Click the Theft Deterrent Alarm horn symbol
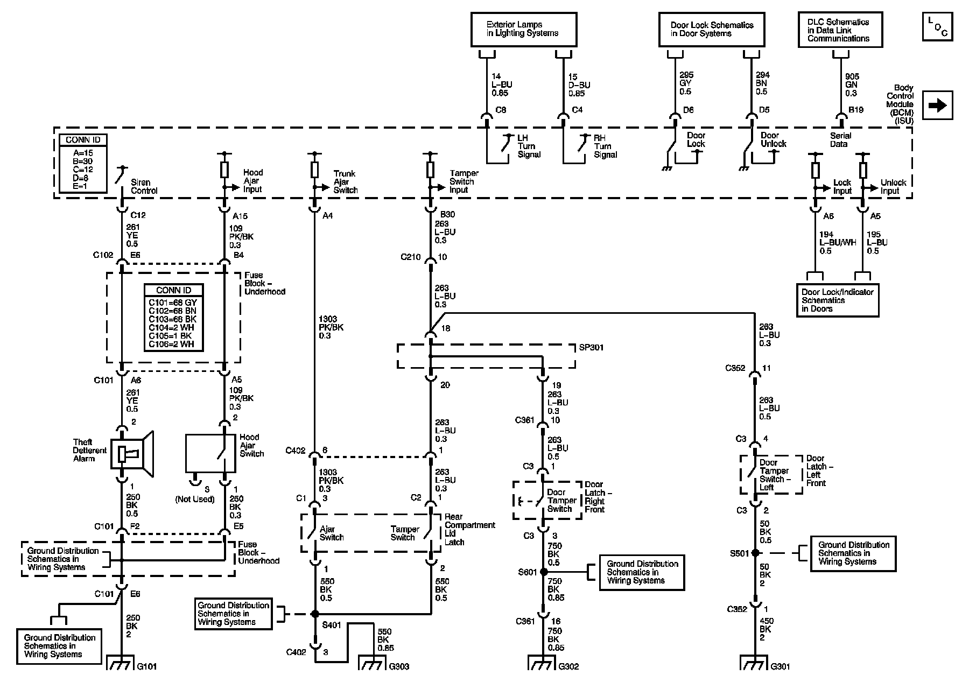pyautogui.click(x=132, y=454)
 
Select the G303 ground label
pyautogui.click(x=399, y=666)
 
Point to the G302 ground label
pyautogui.click(x=568, y=666)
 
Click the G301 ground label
pyautogui.click(x=780, y=666)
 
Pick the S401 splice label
pyautogui.click(x=332, y=625)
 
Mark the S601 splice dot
pyautogui.click(x=543, y=572)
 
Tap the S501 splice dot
pyautogui.click(x=755, y=553)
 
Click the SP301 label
pyautogui.click(x=592, y=348)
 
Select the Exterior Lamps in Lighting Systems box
pyautogui.click(x=524, y=30)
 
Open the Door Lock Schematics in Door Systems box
pyautogui.click(x=712, y=30)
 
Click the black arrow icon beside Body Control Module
pyautogui.click(x=938, y=105)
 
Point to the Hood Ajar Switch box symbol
pyautogui.click(x=210, y=453)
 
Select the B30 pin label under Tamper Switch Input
pyautogui.click(x=447, y=215)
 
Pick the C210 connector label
pyautogui.click(x=411, y=257)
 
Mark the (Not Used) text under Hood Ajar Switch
pyautogui.click(x=195, y=499)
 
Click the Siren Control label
pyautogui.click(x=144, y=186)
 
